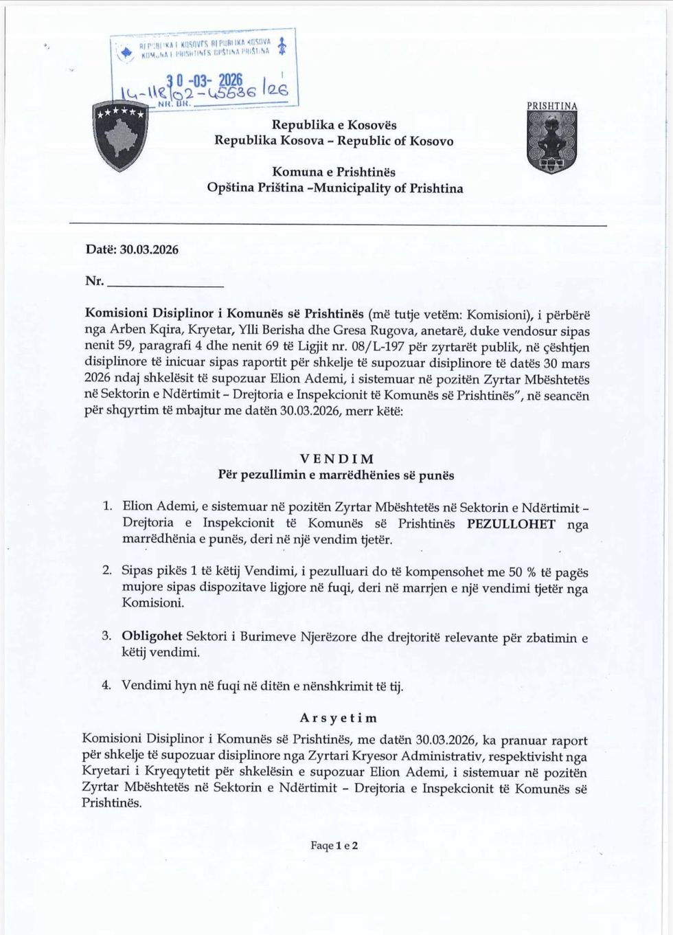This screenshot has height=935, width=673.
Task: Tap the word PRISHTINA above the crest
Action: click(x=552, y=106)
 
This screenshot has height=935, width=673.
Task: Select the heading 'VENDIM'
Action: click(x=336, y=458)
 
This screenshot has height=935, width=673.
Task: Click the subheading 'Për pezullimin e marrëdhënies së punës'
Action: click(x=336, y=475)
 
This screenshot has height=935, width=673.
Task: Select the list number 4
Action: click(x=106, y=685)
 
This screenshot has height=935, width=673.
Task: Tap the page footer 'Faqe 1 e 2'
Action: click(x=334, y=846)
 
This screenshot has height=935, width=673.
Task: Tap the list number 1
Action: click(x=106, y=507)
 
